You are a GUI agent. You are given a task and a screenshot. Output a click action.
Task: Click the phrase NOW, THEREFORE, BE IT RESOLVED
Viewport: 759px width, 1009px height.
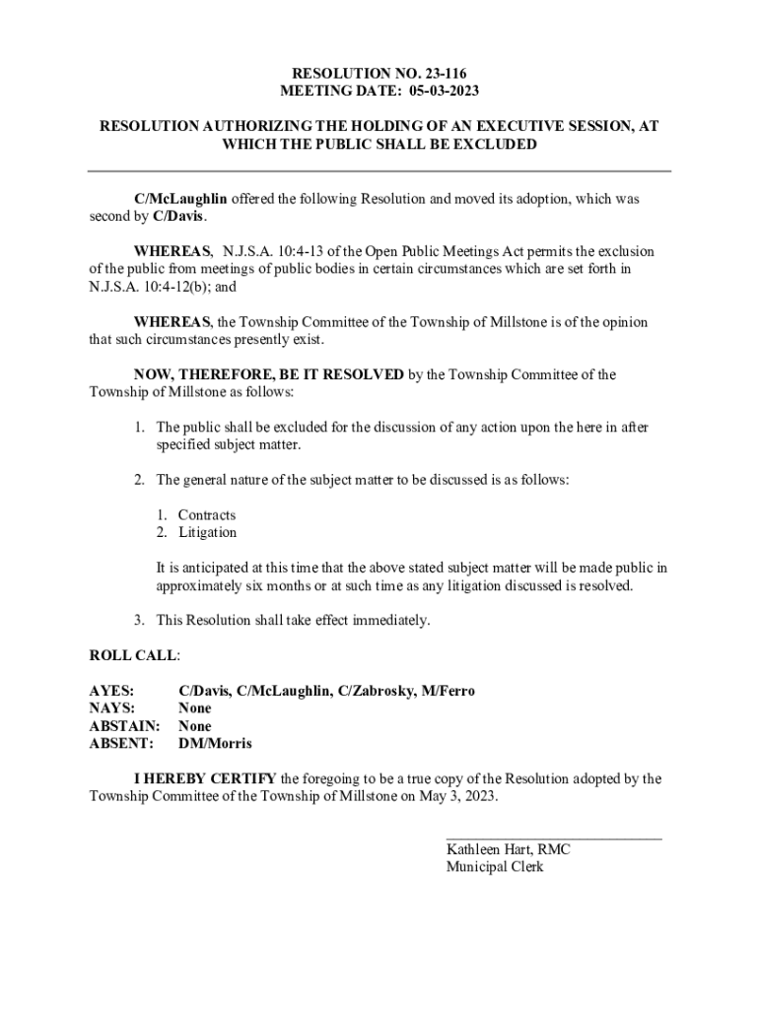click(x=268, y=374)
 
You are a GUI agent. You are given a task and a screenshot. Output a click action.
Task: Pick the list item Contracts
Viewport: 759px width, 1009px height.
click(x=207, y=515)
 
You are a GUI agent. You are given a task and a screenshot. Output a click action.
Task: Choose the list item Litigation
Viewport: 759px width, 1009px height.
click(x=208, y=533)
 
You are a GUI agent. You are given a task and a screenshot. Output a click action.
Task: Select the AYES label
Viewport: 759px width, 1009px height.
click(x=111, y=691)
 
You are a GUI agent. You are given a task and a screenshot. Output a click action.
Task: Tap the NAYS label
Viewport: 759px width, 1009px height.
click(x=111, y=708)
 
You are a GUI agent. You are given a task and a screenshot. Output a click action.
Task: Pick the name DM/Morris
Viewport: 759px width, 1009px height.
click(x=215, y=744)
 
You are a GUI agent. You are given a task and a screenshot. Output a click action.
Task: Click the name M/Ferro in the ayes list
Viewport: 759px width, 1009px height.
click(x=448, y=691)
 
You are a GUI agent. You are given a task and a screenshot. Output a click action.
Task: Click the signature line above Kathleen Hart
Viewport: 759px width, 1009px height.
click(x=554, y=839)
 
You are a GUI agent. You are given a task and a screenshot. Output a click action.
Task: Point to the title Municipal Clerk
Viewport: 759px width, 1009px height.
click(x=495, y=867)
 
